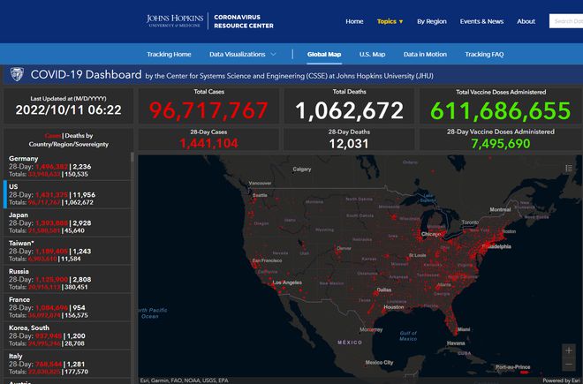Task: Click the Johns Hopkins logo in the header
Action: pos(175,20)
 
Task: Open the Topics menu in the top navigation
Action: pos(390,21)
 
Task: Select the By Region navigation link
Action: pos(432,21)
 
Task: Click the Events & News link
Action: pos(481,21)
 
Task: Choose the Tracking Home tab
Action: pos(169,55)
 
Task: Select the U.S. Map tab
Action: pos(372,55)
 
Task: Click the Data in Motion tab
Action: pos(425,55)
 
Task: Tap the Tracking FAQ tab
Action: pos(484,55)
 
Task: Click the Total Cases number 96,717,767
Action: pos(208,110)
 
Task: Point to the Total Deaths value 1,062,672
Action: pos(349,110)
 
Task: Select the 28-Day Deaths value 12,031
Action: pos(349,143)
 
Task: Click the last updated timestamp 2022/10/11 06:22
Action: pos(68,110)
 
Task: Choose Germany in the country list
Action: pos(23,158)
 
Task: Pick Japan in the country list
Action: pos(19,214)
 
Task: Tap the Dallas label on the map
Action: pos(383,290)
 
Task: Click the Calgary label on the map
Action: pos(302,169)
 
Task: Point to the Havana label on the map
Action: pos(455,343)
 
